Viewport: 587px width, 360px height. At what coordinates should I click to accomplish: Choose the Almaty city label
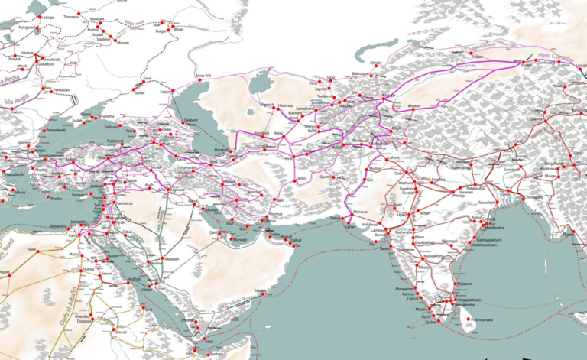(375, 63)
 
